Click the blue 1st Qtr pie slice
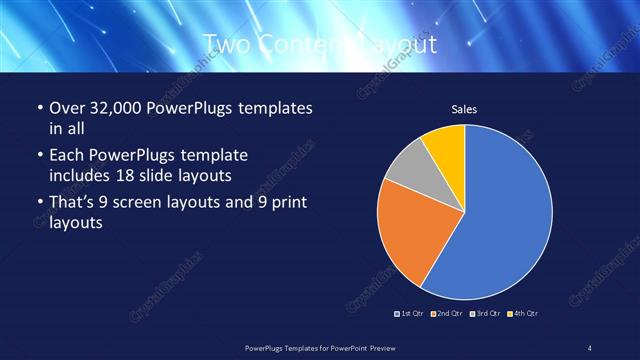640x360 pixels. [x=505, y=215]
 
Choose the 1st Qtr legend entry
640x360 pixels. [x=410, y=314]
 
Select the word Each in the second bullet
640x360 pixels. [x=68, y=155]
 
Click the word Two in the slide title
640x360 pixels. [x=229, y=45]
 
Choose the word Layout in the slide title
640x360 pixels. [x=395, y=45]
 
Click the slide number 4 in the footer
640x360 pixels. [x=590, y=347]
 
